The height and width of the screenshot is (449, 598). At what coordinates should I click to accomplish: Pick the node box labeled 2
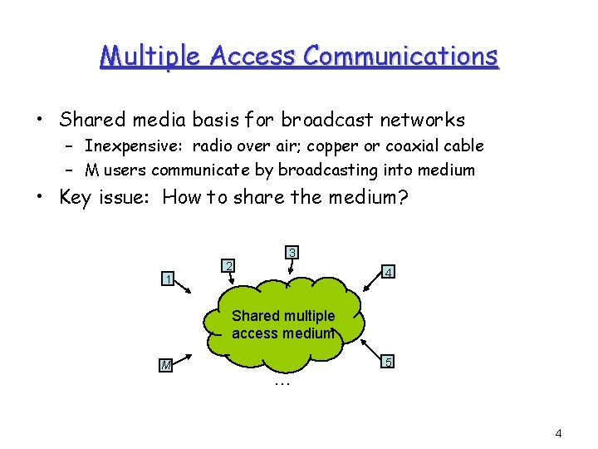point(228,266)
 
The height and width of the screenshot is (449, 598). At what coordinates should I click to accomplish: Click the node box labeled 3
point(292,252)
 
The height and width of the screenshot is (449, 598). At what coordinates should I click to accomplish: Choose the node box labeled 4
point(387,272)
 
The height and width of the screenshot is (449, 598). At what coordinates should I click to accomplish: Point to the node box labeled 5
point(387,363)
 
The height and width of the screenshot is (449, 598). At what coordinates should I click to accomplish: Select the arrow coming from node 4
point(370,282)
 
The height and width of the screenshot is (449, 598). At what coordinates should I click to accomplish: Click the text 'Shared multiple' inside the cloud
point(283,316)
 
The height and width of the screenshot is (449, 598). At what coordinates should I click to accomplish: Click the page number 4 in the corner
point(558,433)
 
